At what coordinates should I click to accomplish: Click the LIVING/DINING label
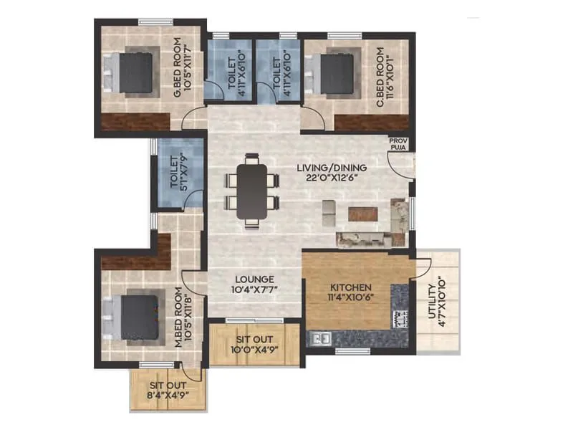[332, 168]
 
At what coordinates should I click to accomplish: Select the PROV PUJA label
[398, 145]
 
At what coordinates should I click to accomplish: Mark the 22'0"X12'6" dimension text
[332, 178]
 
